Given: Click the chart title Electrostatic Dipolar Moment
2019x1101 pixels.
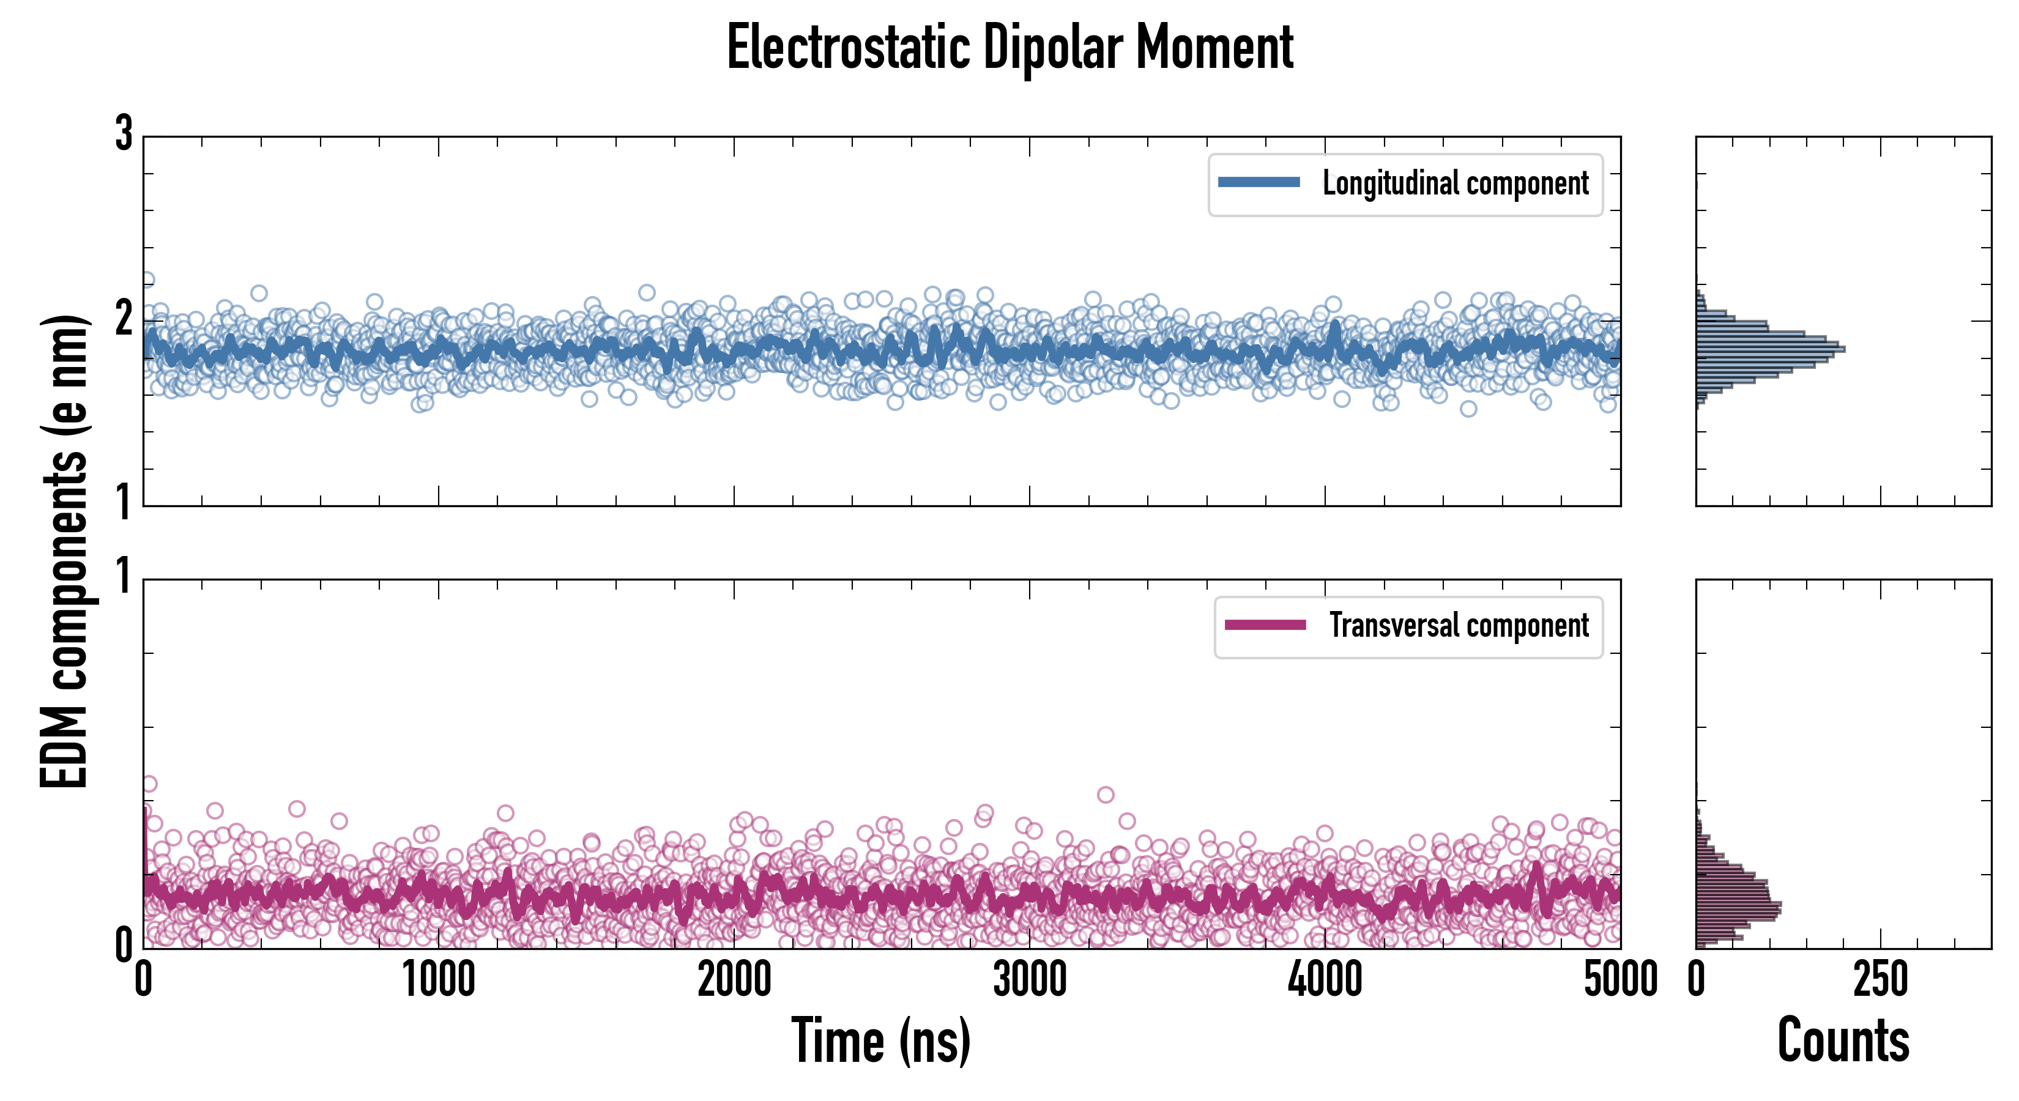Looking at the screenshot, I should [1009, 48].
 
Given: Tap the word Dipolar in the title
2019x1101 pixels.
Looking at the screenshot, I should [1052, 48].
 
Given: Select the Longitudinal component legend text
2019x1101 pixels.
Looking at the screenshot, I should [1456, 183].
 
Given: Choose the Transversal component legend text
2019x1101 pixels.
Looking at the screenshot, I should [1459, 625].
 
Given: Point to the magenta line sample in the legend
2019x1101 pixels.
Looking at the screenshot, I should [1265, 625].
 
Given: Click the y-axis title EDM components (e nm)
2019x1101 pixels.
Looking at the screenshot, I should [64, 551].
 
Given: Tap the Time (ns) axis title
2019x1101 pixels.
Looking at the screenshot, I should [881, 1040].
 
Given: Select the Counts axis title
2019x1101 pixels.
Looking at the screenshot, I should [1843, 1040].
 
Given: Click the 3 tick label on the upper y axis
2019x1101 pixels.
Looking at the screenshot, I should [124, 133].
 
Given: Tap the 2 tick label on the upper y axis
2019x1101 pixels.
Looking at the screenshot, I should [124, 319].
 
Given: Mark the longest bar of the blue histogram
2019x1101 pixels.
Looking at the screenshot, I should [1770, 349].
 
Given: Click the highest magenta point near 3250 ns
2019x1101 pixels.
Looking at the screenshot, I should [1105, 795].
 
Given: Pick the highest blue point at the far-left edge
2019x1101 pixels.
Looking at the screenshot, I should [147, 280].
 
